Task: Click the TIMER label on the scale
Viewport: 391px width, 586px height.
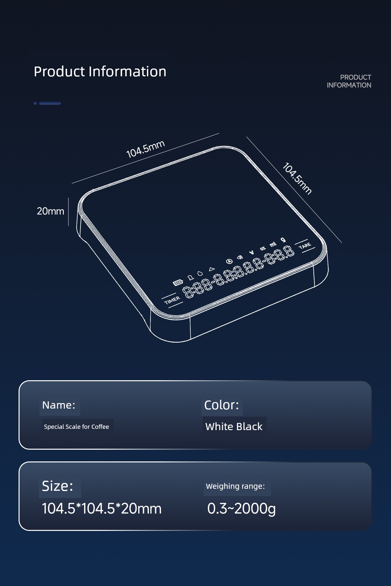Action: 172,300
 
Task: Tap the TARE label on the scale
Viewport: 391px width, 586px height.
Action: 305,246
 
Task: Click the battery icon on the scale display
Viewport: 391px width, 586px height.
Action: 178,282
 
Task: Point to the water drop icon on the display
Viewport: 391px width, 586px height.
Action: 200,273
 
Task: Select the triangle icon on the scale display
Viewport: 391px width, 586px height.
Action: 212,269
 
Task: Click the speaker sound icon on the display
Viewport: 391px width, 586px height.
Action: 240,257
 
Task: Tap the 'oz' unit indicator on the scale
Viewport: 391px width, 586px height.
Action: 263,248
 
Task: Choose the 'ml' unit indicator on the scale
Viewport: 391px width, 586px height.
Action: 273,244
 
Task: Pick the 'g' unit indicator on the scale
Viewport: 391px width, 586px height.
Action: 283,240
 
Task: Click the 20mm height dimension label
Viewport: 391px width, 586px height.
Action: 51,211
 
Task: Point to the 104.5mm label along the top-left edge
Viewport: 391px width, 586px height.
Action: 145,149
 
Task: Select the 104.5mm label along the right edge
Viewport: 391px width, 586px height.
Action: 297,178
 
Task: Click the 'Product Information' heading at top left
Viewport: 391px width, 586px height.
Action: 100,71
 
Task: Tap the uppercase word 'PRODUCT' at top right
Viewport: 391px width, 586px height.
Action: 355,77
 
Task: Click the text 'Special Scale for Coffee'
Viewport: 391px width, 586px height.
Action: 77,427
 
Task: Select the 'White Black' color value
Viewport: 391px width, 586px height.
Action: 234,426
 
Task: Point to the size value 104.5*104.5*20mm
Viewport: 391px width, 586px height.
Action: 102,508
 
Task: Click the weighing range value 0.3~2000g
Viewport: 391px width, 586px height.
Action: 241,509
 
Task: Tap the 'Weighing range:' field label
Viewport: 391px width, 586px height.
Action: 235,486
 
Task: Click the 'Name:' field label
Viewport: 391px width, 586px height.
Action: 59,405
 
